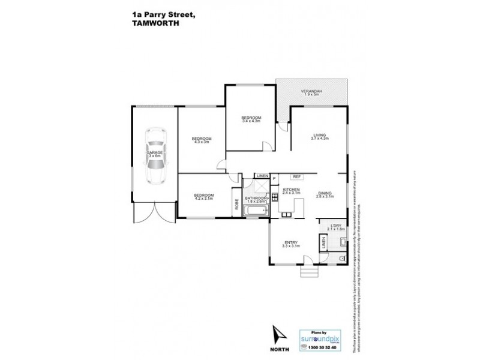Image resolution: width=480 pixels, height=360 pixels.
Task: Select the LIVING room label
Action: tap(318, 135)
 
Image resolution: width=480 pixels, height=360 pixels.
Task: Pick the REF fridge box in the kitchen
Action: tap(296, 176)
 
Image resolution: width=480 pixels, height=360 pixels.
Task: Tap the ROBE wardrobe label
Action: tap(237, 203)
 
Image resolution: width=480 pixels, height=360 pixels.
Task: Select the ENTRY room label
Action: tap(291, 242)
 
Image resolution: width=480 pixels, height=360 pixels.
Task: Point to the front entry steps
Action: tap(308, 272)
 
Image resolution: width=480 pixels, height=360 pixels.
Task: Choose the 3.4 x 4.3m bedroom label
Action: tap(251, 119)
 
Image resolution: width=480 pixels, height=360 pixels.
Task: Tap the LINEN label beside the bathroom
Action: tap(262, 175)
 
